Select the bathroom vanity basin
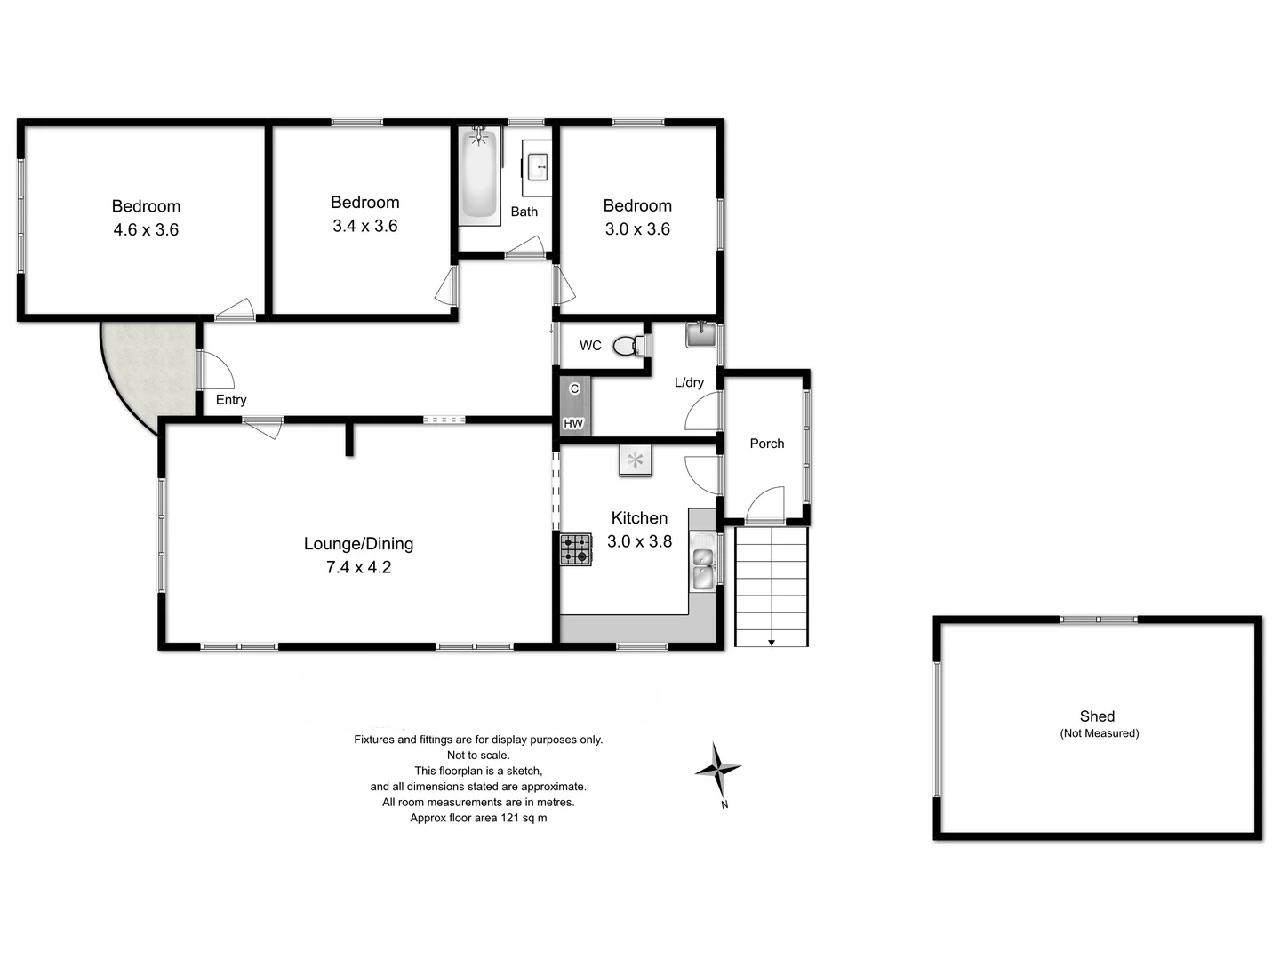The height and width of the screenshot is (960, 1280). coord(537,167)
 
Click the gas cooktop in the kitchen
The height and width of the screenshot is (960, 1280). coord(575,548)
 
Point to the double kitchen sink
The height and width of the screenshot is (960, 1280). coord(703,568)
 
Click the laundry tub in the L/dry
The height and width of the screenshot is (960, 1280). coord(700,335)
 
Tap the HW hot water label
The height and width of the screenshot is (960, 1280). coord(573,424)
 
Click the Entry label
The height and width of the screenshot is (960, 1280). coord(231,400)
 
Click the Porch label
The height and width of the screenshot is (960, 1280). coord(766,444)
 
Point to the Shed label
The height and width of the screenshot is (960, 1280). coord(1097,716)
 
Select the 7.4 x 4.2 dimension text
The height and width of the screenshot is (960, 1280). coord(358,567)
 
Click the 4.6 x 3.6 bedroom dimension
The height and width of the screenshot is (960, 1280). coord(146,229)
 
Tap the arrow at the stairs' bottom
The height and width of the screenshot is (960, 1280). coord(772,641)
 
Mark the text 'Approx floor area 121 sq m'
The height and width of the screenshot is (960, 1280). coord(478,818)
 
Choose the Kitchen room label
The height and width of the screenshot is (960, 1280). coord(639,518)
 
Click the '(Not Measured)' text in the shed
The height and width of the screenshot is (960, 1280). coord(1099,733)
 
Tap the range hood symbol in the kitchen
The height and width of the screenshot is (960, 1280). coord(635,460)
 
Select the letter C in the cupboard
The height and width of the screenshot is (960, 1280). coord(574,389)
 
